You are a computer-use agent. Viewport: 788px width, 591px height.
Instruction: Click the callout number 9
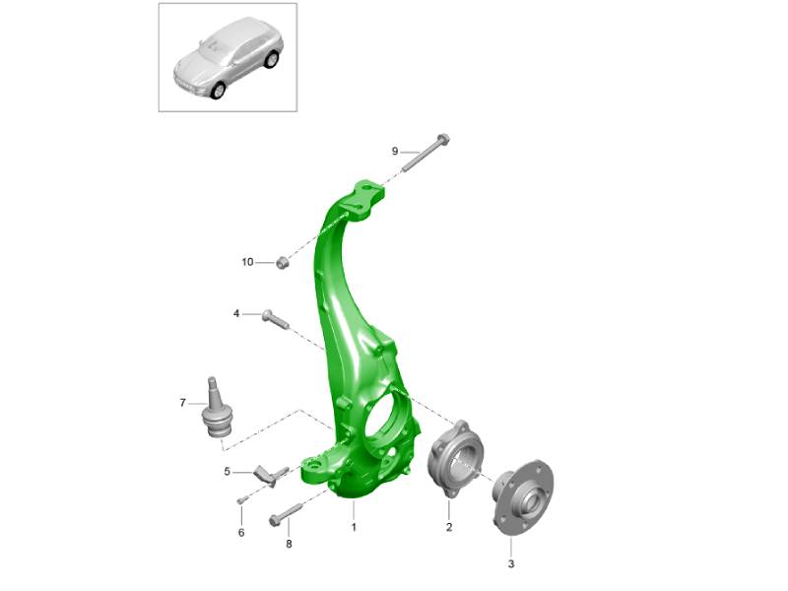[x=395, y=152]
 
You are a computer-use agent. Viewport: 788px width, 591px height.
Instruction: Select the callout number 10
[x=248, y=262]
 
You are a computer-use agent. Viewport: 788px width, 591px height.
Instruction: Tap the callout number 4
[x=236, y=314]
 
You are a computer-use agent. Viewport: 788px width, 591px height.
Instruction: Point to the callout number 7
[x=182, y=403]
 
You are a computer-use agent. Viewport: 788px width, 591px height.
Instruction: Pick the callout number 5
[x=228, y=472]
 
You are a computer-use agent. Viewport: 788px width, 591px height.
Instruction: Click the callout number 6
[x=241, y=532]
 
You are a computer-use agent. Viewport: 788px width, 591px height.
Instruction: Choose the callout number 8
[x=289, y=544]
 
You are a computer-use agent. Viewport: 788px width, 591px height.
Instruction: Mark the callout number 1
[x=354, y=527]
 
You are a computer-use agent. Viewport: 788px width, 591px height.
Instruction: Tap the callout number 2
[x=449, y=527]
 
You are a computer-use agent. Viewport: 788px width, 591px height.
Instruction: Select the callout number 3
[x=511, y=563]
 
